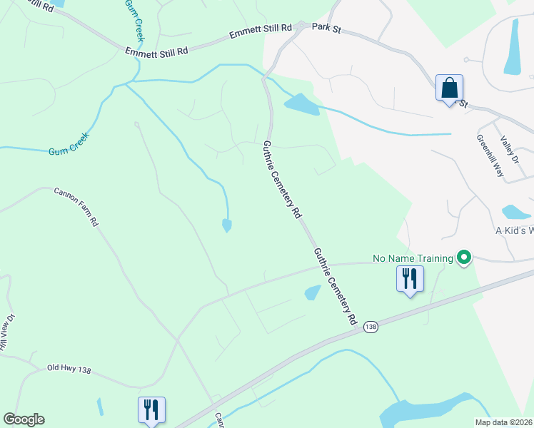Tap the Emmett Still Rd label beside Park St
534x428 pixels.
pyautogui.click(x=261, y=31)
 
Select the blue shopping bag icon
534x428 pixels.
pyautogui.click(x=450, y=88)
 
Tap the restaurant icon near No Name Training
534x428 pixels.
pyautogui.click(x=410, y=278)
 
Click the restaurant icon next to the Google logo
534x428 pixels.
pyautogui.click(x=151, y=409)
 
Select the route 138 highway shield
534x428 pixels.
pyautogui.click(x=370, y=326)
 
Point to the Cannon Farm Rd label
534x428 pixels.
pyautogui.click(x=76, y=207)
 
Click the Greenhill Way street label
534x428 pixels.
pyautogui.click(x=490, y=156)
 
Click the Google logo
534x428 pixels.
pyautogui.click(x=24, y=419)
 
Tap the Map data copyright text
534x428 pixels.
pyautogui.click(x=503, y=422)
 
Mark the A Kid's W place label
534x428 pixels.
pyautogui.click(x=514, y=231)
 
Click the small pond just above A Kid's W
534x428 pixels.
pyautogui.click(x=515, y=212)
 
